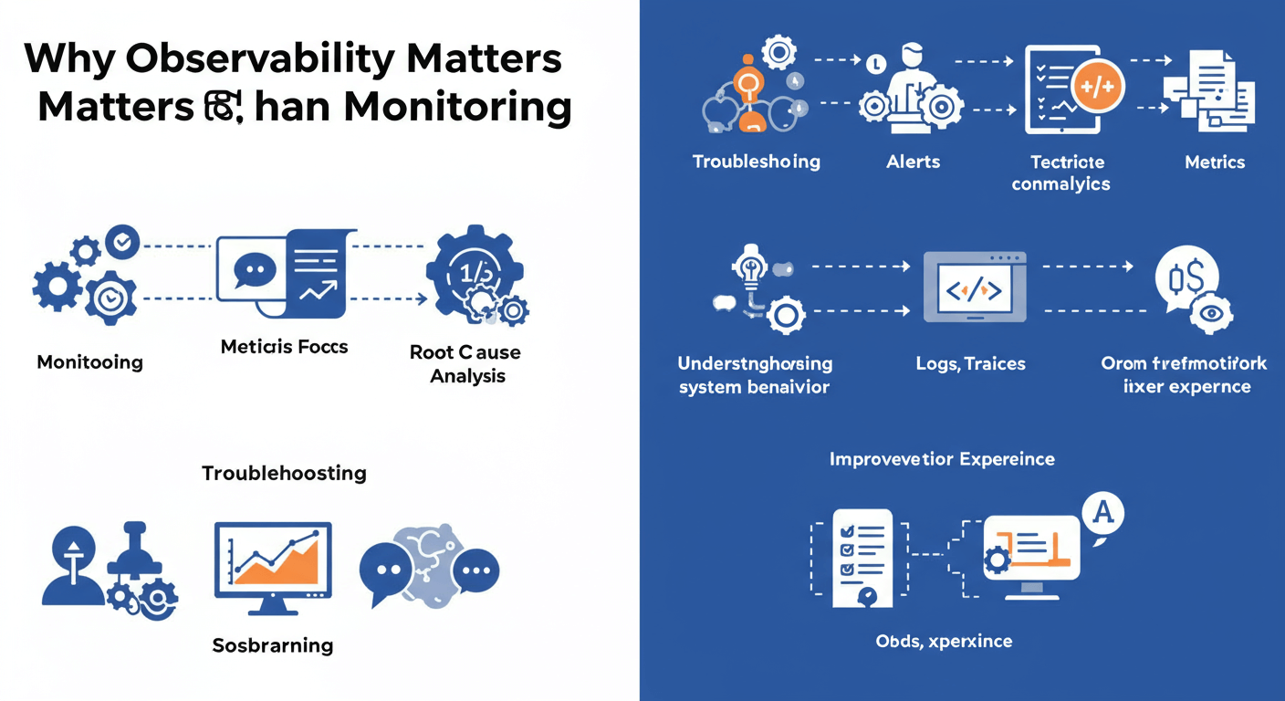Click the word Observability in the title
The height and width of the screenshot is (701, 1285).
coord(255,58)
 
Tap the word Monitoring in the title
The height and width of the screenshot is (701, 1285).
coord(458,108)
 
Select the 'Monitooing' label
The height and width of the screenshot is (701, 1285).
coord(89,362)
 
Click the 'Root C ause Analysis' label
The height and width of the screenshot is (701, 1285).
coord(465,363)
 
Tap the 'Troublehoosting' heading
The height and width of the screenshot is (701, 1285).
coord(284,473)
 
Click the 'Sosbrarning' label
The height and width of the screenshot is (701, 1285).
coord(272,645)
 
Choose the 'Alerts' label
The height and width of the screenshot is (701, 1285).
coord(913,162)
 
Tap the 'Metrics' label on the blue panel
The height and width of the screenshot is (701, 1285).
coord(1214,162)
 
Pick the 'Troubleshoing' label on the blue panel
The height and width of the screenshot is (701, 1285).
coord(756,162)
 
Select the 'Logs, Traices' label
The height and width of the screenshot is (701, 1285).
coord(970,363)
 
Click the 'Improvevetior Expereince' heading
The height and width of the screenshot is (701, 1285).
coord(941,458)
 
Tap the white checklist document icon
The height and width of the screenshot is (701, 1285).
coord(862,557)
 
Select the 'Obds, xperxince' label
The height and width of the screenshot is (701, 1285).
coord(943,641)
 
